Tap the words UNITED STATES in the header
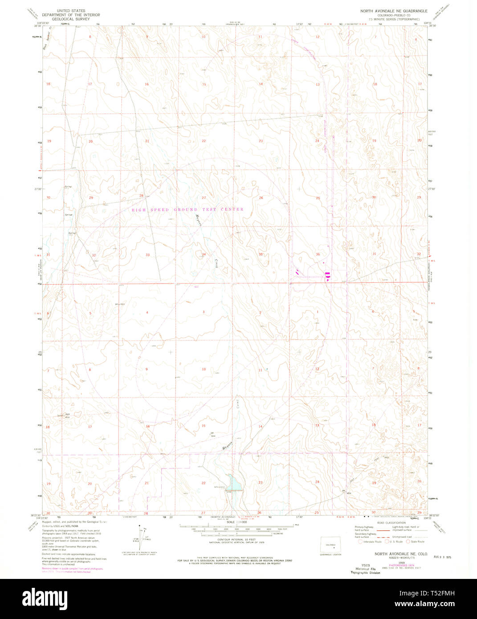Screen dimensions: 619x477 (71, 10)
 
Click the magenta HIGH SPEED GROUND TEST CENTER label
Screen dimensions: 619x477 (188, 209)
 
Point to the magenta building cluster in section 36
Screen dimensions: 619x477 (327, 276)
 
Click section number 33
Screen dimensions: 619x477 (147, 255)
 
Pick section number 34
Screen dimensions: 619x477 (204, 254)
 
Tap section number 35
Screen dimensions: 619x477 (261, 254)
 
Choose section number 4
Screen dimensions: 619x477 (147, 312)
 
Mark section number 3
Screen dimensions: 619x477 (204, 312)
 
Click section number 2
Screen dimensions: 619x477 (261, 312)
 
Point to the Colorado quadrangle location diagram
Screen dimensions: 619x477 (330, 545)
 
